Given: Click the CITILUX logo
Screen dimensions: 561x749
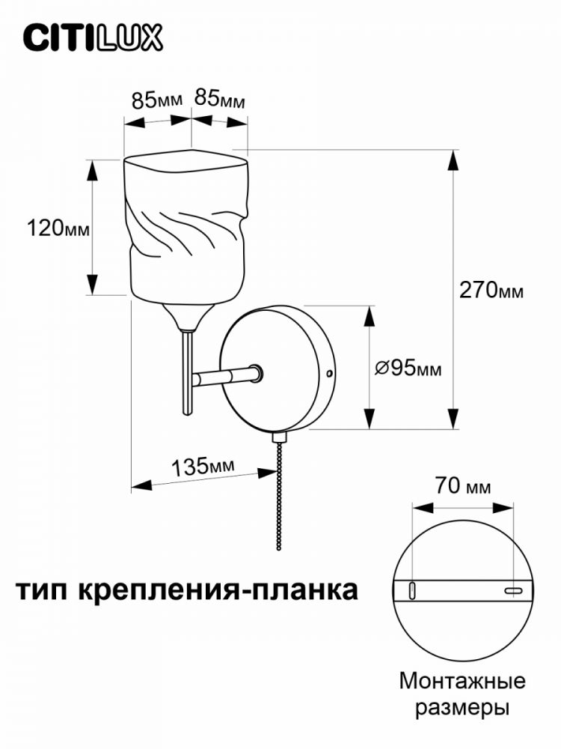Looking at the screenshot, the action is [93, 38].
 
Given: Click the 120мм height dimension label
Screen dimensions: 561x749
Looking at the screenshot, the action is [58, 228].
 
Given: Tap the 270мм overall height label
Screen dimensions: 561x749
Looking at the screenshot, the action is [491, 290].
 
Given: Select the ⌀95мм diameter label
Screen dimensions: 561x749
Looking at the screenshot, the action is [408, 369].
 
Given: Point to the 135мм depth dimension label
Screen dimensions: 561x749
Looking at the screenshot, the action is [203, 466].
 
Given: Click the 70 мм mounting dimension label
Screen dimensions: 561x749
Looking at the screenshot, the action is [462, 486].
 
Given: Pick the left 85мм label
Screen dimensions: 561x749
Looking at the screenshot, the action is [156, 100].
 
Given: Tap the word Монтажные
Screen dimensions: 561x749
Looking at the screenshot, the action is [462, 681].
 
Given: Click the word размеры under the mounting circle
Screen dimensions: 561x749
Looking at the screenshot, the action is [462, 708].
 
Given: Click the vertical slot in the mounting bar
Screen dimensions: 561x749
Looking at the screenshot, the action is [411, 590].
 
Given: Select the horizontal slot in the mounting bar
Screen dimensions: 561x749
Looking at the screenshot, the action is [513, 591].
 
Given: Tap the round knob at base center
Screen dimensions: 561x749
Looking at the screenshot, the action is [256, 372].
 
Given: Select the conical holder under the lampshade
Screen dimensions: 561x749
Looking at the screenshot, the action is [186, 317].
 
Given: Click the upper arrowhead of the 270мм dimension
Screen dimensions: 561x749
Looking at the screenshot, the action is [453, 160].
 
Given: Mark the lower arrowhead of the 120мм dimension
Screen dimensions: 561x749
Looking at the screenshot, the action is [93, 284].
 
